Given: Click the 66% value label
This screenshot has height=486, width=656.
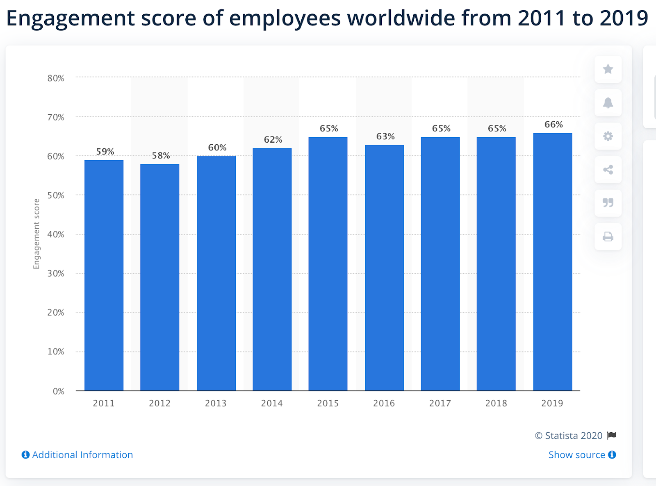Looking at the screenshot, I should [553, 125].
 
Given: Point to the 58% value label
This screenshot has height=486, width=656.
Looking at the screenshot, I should [161, 156].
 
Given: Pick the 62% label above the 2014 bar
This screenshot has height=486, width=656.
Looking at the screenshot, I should [273, 140].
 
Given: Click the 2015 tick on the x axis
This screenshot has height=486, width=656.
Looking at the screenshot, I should [328, 403].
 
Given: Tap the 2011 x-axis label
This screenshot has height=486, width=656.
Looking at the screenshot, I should [104, 403].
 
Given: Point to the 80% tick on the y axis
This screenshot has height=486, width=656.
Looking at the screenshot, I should [56, 78].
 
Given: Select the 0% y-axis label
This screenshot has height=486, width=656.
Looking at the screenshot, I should [59, 391].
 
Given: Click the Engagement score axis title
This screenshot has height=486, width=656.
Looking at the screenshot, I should [36, 234].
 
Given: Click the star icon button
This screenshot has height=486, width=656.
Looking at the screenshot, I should [608, 69].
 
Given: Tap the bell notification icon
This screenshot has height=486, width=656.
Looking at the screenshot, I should [608, 103].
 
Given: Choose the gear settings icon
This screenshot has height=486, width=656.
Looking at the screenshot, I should [608, 136].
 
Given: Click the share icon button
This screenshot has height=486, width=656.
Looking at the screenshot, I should [608, 170].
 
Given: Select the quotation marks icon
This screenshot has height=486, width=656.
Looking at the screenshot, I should [608, 203].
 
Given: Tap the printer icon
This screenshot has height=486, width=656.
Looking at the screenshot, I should [608, 237].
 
